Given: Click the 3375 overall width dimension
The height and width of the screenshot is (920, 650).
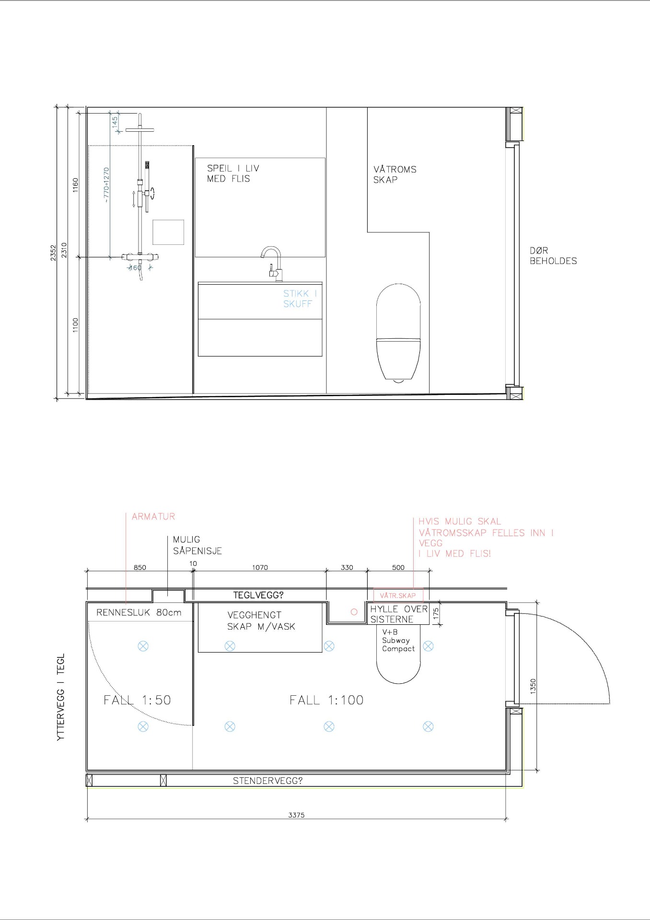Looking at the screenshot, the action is (296, 815).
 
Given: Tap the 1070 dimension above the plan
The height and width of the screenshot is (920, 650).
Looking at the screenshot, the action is (260, 567).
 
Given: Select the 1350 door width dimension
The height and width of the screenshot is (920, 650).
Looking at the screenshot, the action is (533, 686).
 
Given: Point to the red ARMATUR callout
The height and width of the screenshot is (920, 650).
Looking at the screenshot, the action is (153, 517).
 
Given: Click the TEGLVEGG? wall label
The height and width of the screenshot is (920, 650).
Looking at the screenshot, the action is (258, 595).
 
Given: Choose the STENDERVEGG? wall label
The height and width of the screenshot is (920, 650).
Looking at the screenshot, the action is (268, 781).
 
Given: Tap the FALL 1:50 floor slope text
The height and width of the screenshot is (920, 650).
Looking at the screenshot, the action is (137, 700).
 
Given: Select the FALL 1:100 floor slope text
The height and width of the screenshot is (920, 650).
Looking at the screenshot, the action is (326, 700).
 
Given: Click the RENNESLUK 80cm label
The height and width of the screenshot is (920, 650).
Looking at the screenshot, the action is (139, 612).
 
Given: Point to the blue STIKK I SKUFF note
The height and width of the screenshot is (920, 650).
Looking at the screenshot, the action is (300, 299).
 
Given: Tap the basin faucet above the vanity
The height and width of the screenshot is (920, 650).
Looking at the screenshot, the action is (272, 264).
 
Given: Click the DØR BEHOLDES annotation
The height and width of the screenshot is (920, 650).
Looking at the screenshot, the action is (553, 256).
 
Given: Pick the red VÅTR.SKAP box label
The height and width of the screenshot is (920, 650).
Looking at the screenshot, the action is (398, 596).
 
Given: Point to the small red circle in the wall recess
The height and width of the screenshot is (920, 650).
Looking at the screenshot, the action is (354, 612).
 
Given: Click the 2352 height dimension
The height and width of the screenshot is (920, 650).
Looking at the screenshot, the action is (53, 253).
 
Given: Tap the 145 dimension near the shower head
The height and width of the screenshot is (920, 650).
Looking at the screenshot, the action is (115, 122).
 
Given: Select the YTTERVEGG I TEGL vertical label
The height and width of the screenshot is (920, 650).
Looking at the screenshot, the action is (60, 697).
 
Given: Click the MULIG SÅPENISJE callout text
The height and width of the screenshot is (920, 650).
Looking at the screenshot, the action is (197, 545).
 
